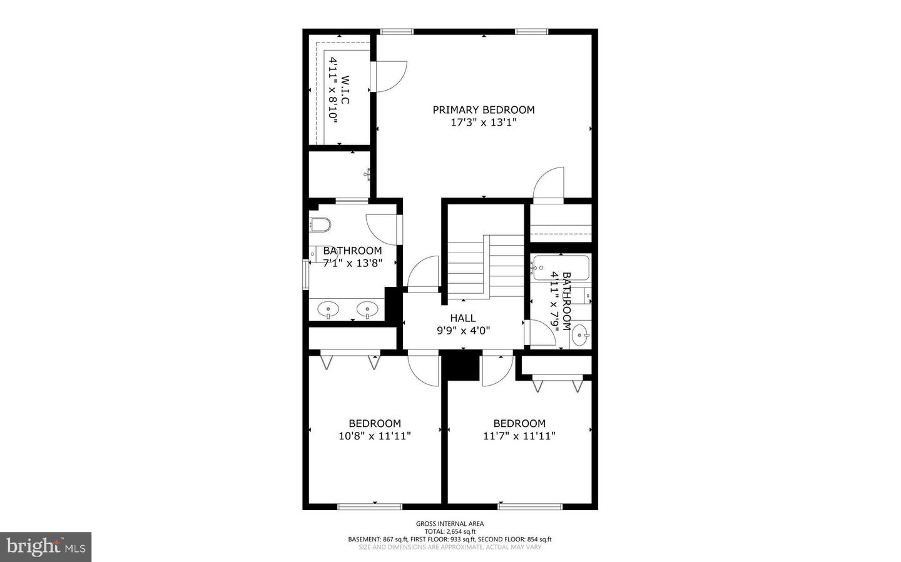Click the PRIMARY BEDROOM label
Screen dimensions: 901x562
[x=484, y=110]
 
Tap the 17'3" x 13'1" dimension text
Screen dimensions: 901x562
[x=484, y=122]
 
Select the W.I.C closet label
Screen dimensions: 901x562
[x=345, y=89]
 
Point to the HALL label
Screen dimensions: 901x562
[x=463, y=318]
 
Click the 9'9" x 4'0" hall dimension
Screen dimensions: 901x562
[x=464, y=331]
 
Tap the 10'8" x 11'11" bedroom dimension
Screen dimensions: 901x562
[x=374, y=436]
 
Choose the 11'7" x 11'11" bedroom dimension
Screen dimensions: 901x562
[x=519, y=436]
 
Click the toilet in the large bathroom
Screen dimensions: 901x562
[x=320, y=224]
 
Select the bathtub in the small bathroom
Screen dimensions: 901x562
[x=561, y=268]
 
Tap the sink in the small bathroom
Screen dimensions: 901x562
[x=580, y=335]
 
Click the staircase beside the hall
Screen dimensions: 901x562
[x=486, y=266]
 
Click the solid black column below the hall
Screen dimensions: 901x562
[x=461, y=365]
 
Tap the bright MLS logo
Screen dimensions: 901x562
[x=46, y=547]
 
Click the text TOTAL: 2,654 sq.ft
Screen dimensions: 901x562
[x=450, y=531]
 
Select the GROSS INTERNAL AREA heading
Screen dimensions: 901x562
[x=450, y=523]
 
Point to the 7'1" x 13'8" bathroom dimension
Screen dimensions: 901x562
[x=352, y=263]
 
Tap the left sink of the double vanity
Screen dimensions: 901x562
[x=328, y=309]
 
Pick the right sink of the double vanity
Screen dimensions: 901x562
[x=367, y=309]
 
